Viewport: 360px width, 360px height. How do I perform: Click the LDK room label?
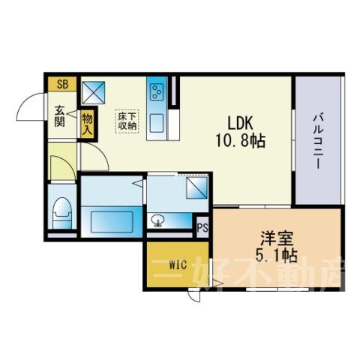(x=240, y=123)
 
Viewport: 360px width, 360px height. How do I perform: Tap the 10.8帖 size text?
(x=240, y=140)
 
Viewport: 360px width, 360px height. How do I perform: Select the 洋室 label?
(x=277, y=238)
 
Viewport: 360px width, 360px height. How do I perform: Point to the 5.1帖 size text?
(x=277, y=256)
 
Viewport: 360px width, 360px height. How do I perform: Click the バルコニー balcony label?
(x=318, y=141)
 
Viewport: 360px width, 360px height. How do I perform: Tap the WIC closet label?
(x=178, y=265)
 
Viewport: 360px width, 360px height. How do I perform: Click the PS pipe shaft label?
(x=202, y=227)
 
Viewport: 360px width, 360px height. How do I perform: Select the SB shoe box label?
(x=62, y=84)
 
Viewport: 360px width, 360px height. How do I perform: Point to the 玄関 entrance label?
(x=60, y=116)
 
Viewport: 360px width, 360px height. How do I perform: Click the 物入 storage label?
(x=88, y=124)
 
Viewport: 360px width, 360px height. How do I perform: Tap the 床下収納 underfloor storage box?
(x=127, y=121)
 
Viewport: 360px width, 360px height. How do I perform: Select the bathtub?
(x=112, y=221)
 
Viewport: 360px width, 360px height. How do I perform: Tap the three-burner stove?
(x=157, y=91)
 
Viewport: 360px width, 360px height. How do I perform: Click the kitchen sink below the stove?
(x=157, y=124)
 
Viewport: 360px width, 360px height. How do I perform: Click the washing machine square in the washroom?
(x=196, y=187)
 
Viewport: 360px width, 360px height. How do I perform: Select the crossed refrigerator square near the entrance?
(x=94, y=92)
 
